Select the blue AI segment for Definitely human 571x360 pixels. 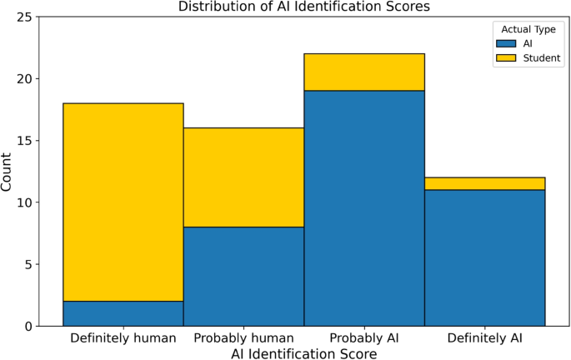123,313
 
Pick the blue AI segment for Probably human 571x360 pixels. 243,276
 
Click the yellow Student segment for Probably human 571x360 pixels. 243,177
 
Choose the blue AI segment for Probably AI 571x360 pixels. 364,208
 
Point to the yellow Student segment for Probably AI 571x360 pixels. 364,72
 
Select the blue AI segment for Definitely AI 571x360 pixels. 485,257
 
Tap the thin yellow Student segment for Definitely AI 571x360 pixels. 485,183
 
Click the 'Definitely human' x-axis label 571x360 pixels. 123,338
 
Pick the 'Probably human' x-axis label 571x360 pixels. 243,338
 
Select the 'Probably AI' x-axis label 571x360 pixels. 364,338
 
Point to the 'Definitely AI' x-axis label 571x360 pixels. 485,338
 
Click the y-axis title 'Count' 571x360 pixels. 8,171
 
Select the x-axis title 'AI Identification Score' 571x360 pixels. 303,353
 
